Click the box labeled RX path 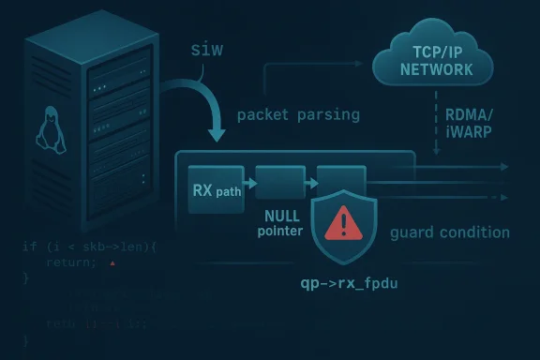[216, 187]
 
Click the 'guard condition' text [449, 232]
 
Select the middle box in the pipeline [280, 182]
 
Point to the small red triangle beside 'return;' [112, 265]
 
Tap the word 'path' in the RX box [229, 191]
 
